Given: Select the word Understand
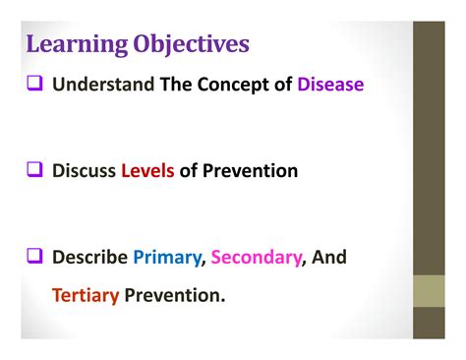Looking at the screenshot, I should [x=103, y=85].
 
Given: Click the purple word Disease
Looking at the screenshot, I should [x=330, y=85].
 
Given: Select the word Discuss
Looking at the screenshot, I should [x=84, y=171].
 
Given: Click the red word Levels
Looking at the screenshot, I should [x=147, y=171].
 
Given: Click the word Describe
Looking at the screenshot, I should [x=90, y=258].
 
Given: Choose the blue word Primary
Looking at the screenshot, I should [x=168, y=258].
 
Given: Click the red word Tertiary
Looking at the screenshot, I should [x=86, y=293].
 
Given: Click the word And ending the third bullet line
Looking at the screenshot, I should [x=330, y=258].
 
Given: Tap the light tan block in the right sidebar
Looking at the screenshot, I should [x=429, y=290].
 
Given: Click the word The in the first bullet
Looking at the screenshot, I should [x=176, y=85].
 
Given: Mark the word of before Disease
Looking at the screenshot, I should [x=282, y=85].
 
